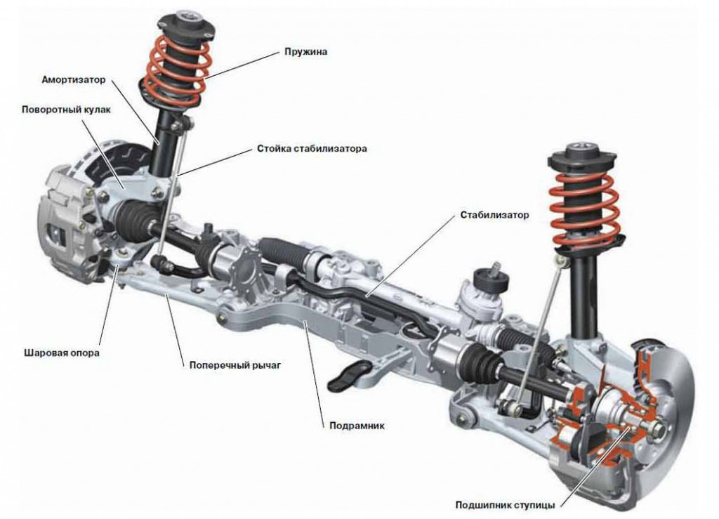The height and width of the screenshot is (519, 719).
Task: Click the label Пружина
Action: coord(305,51)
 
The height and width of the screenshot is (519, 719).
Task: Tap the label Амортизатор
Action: coord(73,80)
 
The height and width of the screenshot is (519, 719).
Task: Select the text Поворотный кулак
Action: coord(66,110)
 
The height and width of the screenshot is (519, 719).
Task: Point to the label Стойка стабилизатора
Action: coord(312,149)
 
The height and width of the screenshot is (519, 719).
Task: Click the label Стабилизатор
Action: coord(494,215)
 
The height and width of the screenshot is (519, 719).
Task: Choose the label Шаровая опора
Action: coord(62,353)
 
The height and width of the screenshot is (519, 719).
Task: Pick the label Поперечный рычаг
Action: coord(235,365)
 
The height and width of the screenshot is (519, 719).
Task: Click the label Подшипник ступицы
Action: coord(505,505)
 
